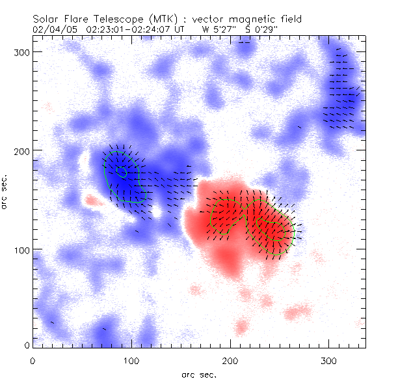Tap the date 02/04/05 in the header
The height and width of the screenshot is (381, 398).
click(x=52, y=29)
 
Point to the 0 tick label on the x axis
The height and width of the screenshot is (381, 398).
click(x=33, y=360)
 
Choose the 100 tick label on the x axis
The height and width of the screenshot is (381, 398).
click(x=131, y=360)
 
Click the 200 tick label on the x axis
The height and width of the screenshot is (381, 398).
click(x=230, y=360)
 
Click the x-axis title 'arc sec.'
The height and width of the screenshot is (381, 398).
click(x=198, y=374)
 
